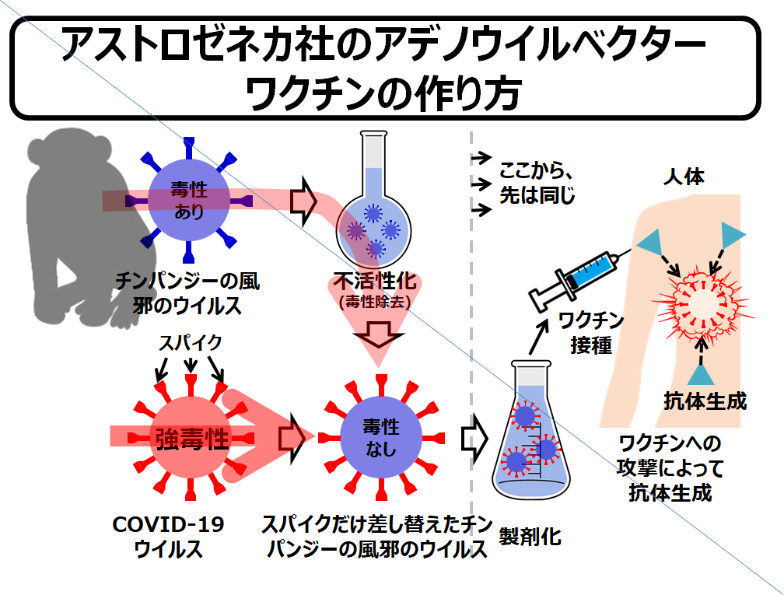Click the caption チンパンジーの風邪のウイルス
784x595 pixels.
point(187,292)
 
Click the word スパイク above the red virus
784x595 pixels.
point(191,342)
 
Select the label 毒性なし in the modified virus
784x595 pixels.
point(380,437)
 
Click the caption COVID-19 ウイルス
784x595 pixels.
point(169,537)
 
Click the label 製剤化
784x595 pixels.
point(530,537)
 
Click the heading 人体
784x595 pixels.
point(684,177)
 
